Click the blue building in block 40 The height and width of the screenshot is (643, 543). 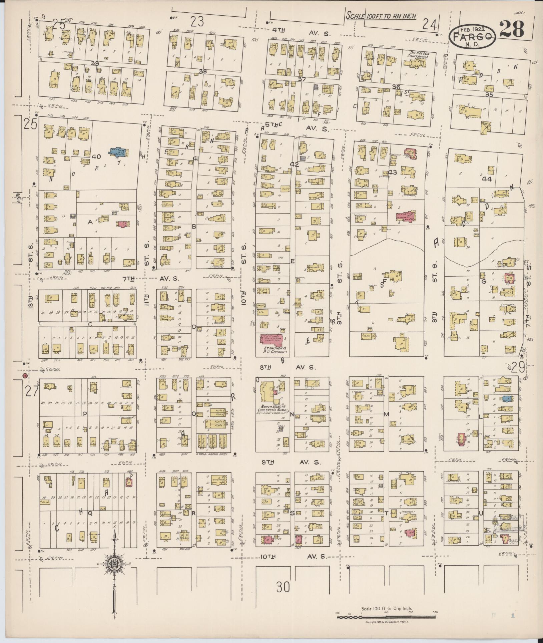(118, 152)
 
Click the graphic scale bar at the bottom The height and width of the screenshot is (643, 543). (386, 617)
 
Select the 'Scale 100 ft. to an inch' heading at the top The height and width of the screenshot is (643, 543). (381, 15)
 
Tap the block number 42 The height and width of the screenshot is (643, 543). (294, 164)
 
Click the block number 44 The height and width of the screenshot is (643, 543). (487, 179)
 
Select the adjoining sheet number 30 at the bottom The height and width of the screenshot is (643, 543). (283, 587)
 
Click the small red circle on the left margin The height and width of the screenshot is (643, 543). (25, 376)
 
